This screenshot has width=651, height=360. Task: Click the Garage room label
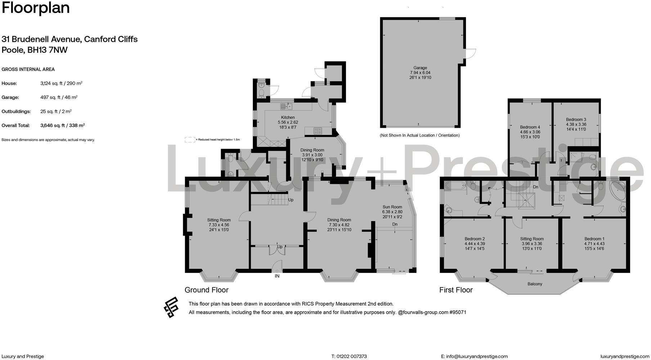coord(420,68)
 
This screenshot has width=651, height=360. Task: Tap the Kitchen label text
coord(288,117)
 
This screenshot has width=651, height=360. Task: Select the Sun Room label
coord(392,207)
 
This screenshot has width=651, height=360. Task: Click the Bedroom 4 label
coord(530,127)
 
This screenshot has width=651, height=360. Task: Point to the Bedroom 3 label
coord(576,120)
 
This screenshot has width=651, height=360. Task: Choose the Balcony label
coord(535,284)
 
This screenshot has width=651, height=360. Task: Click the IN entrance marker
coord(277,276)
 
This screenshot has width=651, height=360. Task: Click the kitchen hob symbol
coord(318,131)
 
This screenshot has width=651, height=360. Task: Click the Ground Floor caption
coord(206,290)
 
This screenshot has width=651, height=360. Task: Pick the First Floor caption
coord(456,290)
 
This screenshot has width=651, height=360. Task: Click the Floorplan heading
coord(36,8)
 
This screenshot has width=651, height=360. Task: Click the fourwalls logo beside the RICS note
coord(171,307)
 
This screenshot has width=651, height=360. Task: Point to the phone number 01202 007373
coord(351,356)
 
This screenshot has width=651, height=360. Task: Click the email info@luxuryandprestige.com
coord(477,356)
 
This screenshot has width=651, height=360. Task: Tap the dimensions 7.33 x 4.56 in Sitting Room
coord(219,225)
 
